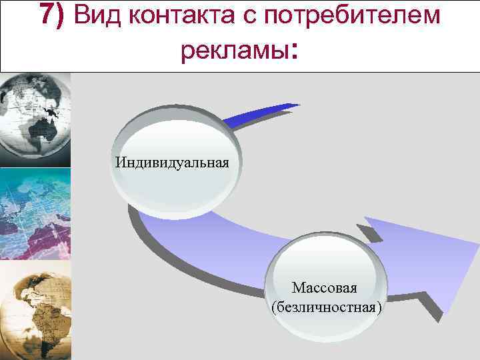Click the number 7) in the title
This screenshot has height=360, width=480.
pyautogui.click(x=53, y=15)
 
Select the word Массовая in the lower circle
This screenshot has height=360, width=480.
pyautogui.click(x=325, y=288)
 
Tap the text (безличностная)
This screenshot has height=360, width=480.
pyautogui.click(x=326, y=307)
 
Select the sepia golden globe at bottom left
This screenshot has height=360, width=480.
pyautogui.click(x=33, y=310)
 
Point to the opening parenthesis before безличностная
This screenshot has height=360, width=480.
pyautogui.click(x=273, y=308)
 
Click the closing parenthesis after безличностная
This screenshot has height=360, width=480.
pyautogui.click(x=379, y=308)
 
